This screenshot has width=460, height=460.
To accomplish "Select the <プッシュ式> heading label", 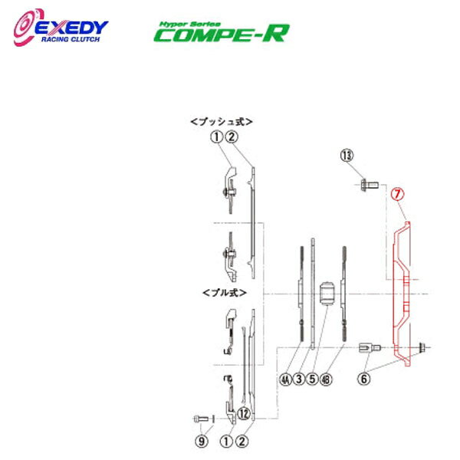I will (x=222, y=120).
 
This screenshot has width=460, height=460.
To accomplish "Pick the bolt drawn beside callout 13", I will (x=366, y=185).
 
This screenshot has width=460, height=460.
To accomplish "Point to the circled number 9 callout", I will (x=202, y=441).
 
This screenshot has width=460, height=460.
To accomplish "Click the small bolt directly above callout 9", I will (x=200, y=419).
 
